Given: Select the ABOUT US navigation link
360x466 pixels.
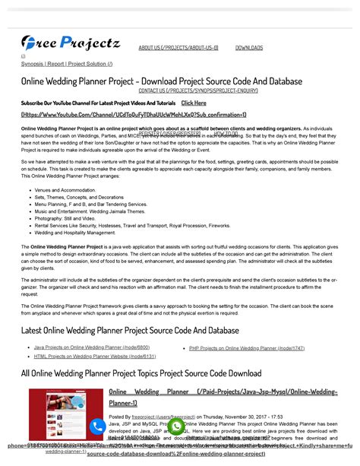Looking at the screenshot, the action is [178, 47].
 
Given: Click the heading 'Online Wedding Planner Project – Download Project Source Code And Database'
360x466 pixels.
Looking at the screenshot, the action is [161, 81].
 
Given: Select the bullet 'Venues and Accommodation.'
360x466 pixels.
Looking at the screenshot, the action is [65, 190].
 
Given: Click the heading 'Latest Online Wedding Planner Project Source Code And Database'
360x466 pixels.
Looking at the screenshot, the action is [129, 330].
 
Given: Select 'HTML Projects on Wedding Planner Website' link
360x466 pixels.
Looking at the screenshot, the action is [95, 356].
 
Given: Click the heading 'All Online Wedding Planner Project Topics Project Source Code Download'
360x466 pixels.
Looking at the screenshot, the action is [141, 373].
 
